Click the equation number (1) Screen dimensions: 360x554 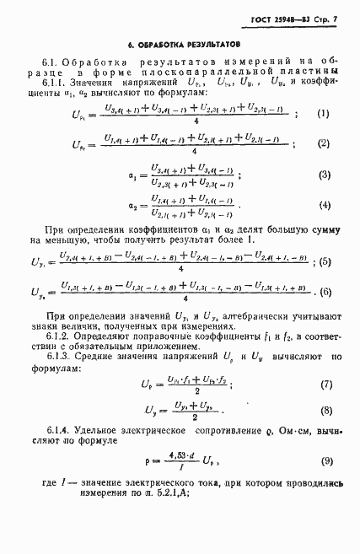[x=324, y=113]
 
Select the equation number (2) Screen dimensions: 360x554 [x=324, y=144]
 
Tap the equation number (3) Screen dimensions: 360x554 [x=323, y=175]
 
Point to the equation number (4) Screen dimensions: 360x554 [x=323, y=206]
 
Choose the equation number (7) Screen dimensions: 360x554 [x=324, y=384]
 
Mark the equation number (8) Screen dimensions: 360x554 [x=324, y=411]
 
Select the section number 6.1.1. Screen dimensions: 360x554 [x=56, y=83]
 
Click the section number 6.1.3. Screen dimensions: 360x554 [x=56, y=357]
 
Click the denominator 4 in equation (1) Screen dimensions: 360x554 [x=195, y=121]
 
